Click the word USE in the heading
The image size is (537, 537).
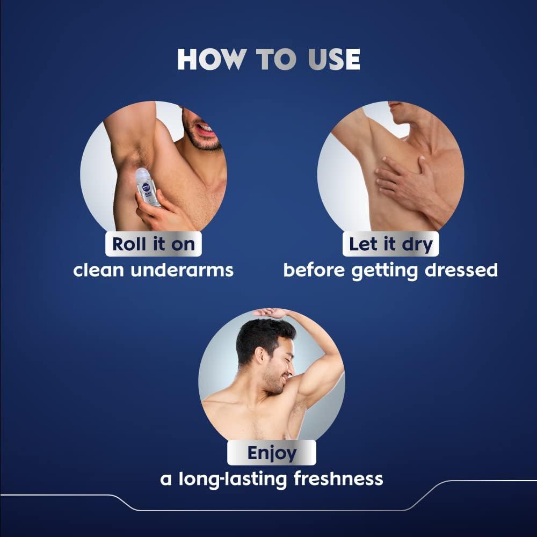click(x=334, y=59)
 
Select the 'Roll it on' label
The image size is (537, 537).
click(x=154, y=244)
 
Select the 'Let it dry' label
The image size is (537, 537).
click(x=390, y=244)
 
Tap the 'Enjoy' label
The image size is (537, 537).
click(x=272, y=453)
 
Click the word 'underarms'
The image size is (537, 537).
click(x=182, y=270)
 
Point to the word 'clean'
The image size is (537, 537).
click(x=98, y=270)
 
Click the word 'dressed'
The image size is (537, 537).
click(x=461, y=270)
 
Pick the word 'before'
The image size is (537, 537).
click(x=314, y=270)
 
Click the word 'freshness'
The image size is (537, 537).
click(x=338, y=478)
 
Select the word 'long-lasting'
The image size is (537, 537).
click(x=233, y=480)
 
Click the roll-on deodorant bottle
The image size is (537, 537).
click(x=147, y=187)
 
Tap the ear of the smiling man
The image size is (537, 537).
click(x=260, y=356)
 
